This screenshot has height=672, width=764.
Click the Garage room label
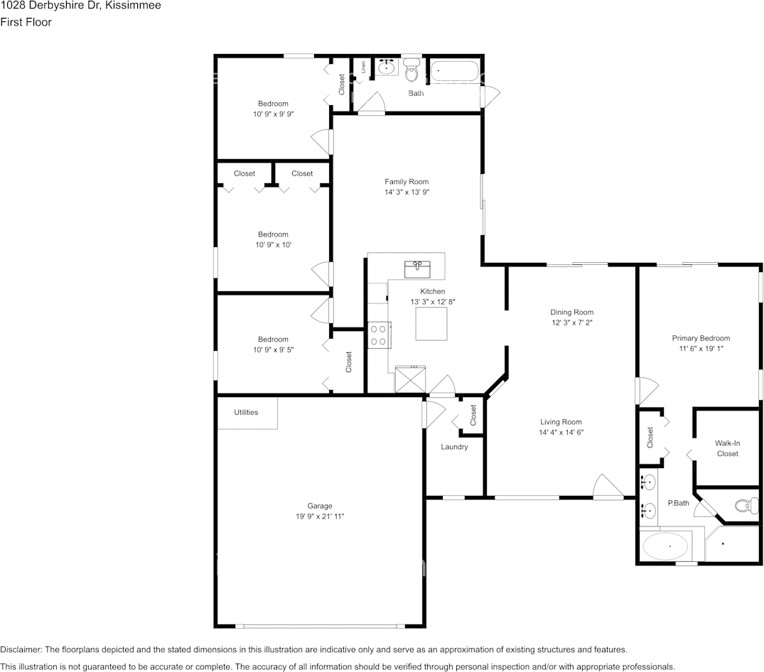tap(320, 506)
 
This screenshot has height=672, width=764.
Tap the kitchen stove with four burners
tap(379, 335)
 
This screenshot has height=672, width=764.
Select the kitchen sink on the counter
tap(417, 269)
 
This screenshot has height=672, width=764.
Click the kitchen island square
tap(431, 324)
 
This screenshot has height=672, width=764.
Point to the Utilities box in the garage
tap(247, 413)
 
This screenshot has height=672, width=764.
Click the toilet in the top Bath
tap(412, 70)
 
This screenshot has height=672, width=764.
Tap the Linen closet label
tap(363, 67)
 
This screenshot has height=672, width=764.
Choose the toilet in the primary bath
tap(746, 506)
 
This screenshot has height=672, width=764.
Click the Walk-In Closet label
tap(728, 448)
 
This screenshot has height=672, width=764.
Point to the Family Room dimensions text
tap(407, 192)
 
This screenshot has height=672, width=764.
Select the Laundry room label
tap(454, 447)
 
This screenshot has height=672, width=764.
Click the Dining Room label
tap(571, 312)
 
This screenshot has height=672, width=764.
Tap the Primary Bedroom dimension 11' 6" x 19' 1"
tap(701, 348)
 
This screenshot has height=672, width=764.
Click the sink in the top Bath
tap(387, 67)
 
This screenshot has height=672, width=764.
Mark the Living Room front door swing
tap(608, 487)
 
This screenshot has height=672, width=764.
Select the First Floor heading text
tap(26, 22)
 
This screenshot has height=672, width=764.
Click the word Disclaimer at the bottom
tap(21, 649)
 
